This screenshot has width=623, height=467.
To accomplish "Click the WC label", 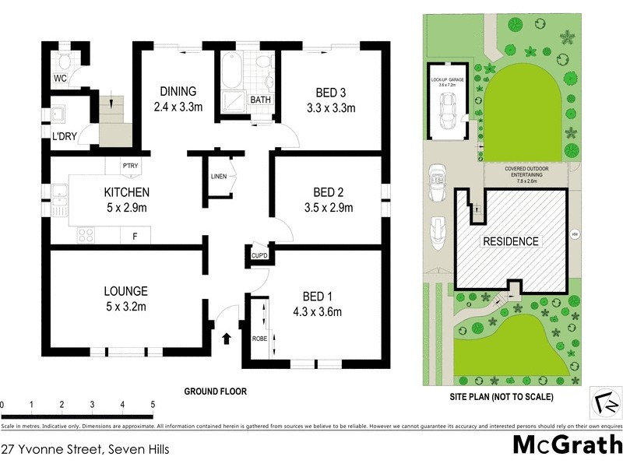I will (60, 79).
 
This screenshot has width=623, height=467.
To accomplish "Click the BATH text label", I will (260, 100).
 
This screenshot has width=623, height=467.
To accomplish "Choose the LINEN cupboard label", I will (218, 176).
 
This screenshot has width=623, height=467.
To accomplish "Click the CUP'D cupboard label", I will (259, 255).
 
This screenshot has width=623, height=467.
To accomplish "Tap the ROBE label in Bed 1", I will (259, 339).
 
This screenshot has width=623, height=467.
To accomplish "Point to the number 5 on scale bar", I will (153, 405).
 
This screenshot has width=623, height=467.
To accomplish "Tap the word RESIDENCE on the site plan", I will (509, 241).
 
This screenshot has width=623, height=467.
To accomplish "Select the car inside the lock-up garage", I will (447, 113).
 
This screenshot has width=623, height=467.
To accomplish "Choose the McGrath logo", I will (566, 445).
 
